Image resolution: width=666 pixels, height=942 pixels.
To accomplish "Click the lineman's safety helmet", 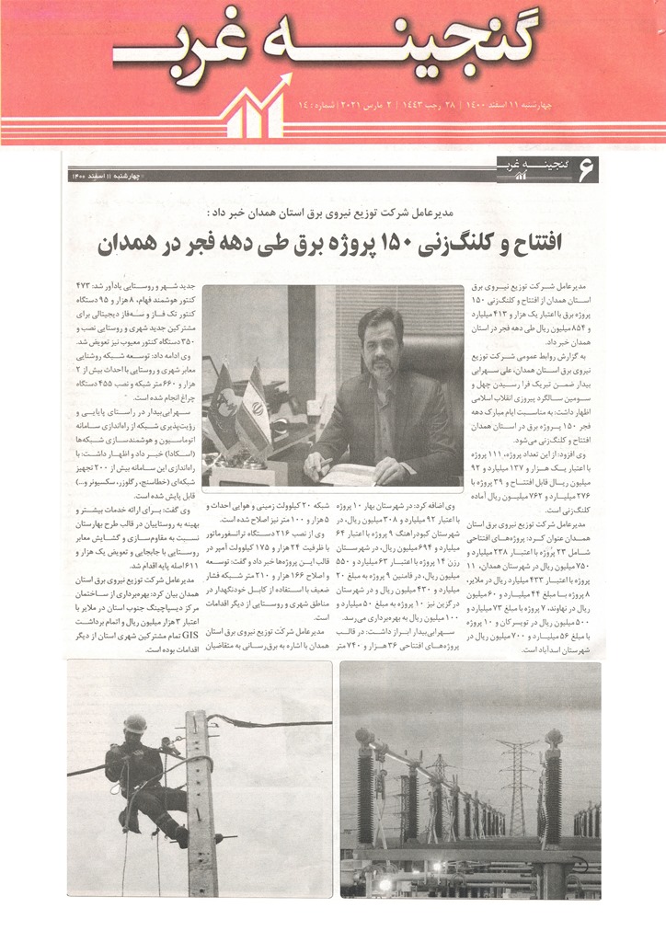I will [135, 724].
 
